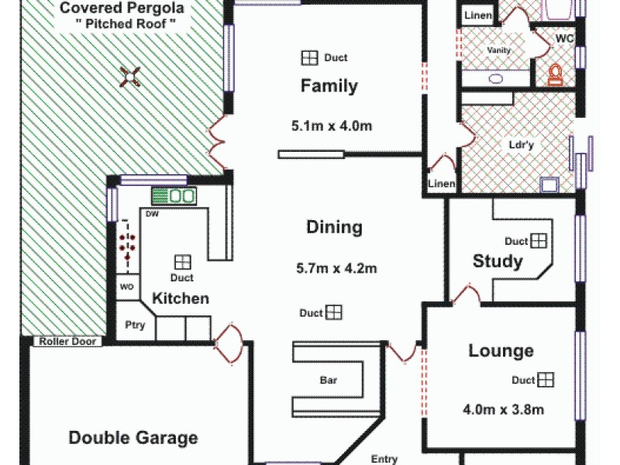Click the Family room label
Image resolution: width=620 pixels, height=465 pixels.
click(x=329, y=85)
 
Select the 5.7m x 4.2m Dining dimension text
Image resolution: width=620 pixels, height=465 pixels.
click(x=336, y=269)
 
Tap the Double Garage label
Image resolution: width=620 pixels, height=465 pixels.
click(x=133, y=438)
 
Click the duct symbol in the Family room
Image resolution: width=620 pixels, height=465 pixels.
click(x=309, y=58)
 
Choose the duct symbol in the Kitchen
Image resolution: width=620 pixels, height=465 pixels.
click(x=182, y=262)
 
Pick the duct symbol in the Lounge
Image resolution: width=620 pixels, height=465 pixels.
click(x=546, y=380)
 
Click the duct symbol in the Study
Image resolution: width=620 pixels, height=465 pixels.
click(x=539, y=241)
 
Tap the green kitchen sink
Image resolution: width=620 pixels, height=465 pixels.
click(x=172, y=196)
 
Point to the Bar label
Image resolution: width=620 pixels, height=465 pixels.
click(x=329, y=381)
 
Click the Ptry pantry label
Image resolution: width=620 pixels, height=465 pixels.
click(x=135, y=325)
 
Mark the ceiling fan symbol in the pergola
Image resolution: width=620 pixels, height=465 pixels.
click(x=131, y=75)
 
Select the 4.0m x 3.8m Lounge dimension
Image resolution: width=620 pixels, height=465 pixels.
click(x=502, y=409)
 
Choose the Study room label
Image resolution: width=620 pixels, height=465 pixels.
click(x=498, y=261)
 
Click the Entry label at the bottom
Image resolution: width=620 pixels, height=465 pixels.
click(x=384, y=459)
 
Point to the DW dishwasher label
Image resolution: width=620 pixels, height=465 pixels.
click(x=152, y=214)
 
